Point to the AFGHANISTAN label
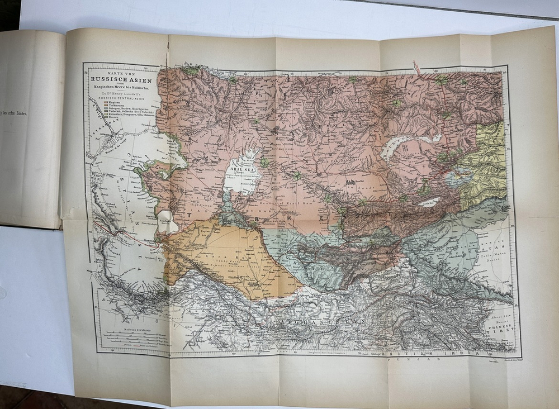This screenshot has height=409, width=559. [x=310, y=323]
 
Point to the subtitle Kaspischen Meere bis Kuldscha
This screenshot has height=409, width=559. [x=118, y=89]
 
